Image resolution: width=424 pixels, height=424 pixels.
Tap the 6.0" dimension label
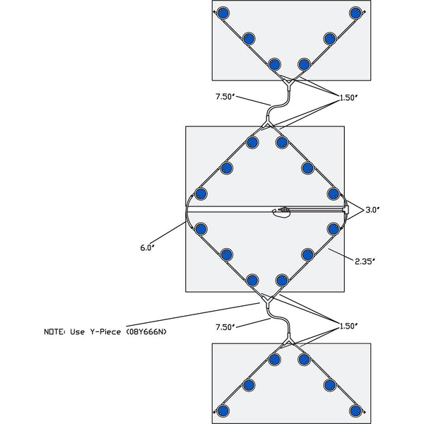tap(147, 247)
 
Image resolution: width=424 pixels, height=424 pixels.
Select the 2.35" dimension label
tap(365, 261)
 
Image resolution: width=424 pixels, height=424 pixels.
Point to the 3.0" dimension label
tap(372, 210)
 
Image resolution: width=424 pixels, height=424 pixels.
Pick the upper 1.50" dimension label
tap(348, 98)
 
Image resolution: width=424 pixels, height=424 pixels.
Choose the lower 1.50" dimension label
tap(348, 326)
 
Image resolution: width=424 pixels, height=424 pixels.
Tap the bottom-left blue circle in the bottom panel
tap(223, 411)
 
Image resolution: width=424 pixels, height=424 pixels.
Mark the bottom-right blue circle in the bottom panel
tap(355, 411)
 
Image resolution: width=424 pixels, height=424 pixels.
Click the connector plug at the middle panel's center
tap(284, 210)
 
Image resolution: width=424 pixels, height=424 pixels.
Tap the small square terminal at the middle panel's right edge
tap(345, 210)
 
